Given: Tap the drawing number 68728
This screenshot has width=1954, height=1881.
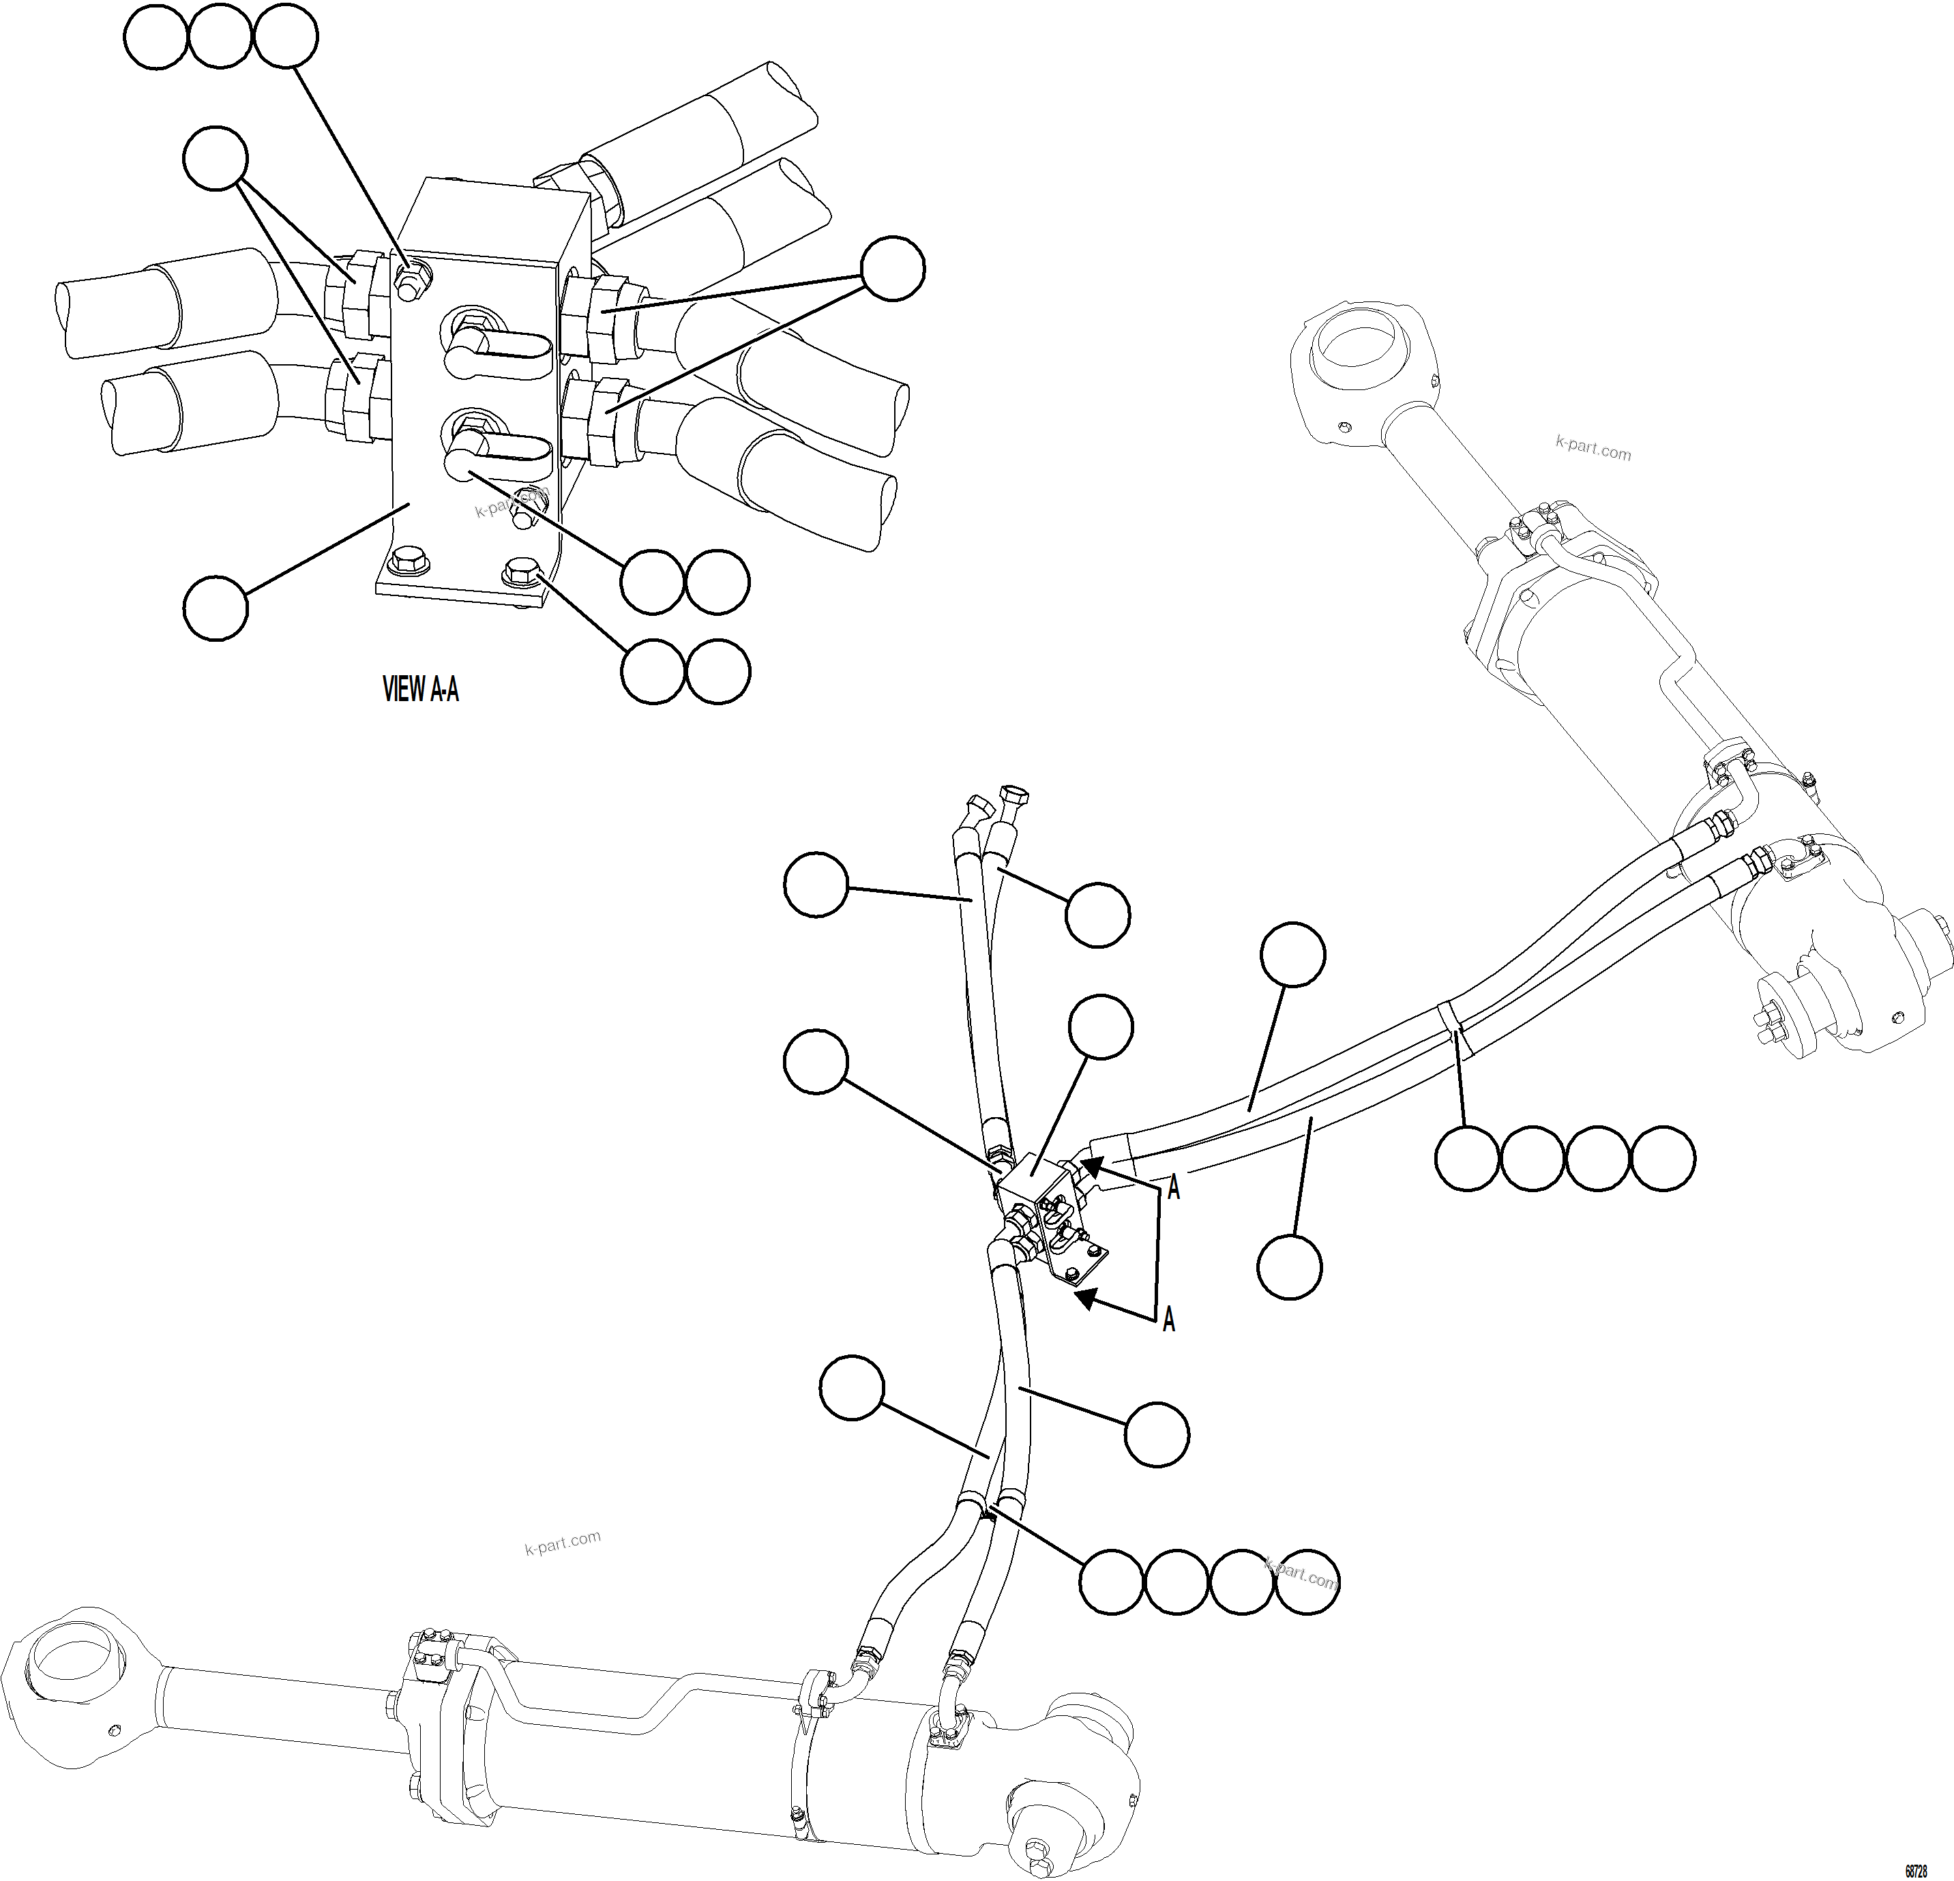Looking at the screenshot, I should click(1915, 1870).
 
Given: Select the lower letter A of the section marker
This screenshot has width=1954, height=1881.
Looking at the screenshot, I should click(1168, 1320).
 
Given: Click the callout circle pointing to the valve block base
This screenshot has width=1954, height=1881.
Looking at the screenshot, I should click(216, 607).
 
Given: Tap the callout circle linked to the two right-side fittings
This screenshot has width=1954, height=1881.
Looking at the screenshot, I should click(892, 268).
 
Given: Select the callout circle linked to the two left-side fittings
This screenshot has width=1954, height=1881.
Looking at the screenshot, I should click(216, 158).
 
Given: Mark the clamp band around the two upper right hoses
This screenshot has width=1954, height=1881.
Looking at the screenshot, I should click(1451, 1019).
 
